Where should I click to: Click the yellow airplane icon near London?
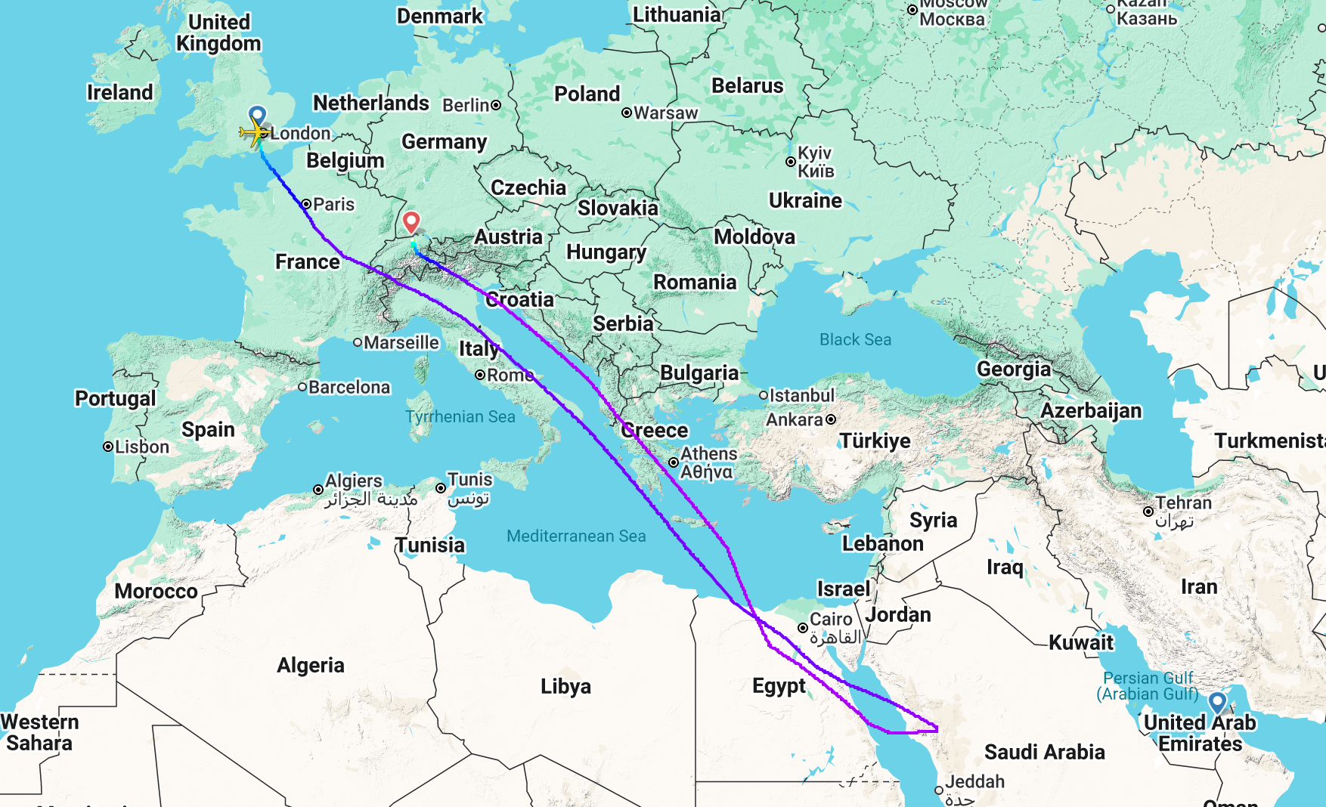tap(256, 134)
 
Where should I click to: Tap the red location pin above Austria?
tap(411, 222)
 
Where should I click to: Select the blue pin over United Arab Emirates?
tap(1217, 703)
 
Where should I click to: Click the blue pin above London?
tap(257, 116)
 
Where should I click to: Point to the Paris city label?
tap(333, 204)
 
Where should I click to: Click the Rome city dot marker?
tap(480, 375)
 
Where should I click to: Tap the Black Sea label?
tap(855, 339)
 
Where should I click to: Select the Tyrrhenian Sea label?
tap(460, 416)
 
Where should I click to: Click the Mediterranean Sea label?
tap(576, 536)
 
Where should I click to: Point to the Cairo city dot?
tap(803, 628)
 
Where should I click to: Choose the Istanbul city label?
tap(801, 395)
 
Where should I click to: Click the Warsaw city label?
tap(665, 113)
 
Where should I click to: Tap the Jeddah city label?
tap(974, 781)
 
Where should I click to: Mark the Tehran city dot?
tap(1148, 512)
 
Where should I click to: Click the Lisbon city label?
tap(141, 447)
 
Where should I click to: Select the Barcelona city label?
tap(349, 387)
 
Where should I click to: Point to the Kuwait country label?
tap(1081, 642)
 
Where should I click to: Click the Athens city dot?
tap(673, 462)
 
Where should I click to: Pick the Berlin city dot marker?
tap(496, 105)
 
